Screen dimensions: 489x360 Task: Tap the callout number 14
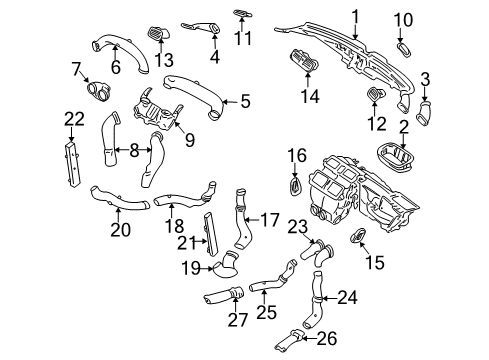310,96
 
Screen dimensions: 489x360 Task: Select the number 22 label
74,119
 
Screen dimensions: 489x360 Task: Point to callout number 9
190,140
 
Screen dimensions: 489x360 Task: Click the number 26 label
327,338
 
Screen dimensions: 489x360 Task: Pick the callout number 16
297,156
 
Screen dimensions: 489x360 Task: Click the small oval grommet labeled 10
405,50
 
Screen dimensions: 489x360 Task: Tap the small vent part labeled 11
242,13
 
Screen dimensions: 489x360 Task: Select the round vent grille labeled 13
158,33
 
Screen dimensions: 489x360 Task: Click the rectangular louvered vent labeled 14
304,61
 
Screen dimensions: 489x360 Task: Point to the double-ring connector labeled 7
98,91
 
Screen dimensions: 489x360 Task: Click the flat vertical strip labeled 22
72,165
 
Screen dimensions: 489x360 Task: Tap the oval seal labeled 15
358,235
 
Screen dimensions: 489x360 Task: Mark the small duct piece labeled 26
289,340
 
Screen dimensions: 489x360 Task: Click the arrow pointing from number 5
230,101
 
